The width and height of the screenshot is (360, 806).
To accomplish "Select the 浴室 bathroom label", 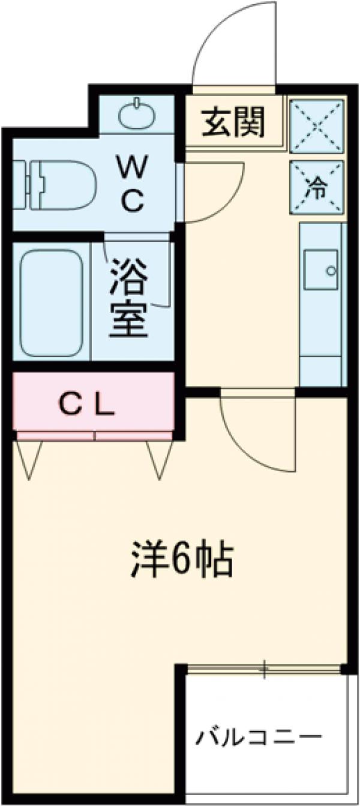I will click(127, 300).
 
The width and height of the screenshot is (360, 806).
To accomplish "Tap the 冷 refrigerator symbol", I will click(317, 187).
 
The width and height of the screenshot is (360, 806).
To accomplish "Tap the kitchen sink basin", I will click(321, 270).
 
